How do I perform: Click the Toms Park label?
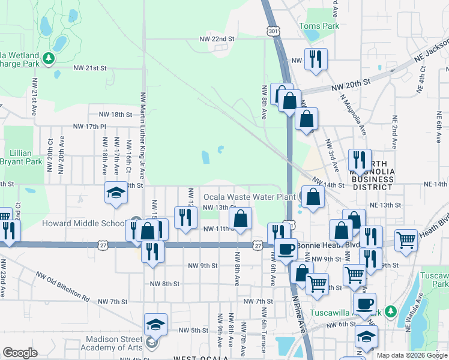tap(319, 26)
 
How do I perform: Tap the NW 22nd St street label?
tap(217, 39)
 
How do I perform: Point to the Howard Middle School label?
tap(83, 224)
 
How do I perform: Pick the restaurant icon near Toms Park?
tap(314, 59)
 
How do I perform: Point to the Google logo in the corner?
tap(19, 353)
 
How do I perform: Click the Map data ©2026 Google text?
tap(412, 355)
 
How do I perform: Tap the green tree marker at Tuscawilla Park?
tap(391, 311)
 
